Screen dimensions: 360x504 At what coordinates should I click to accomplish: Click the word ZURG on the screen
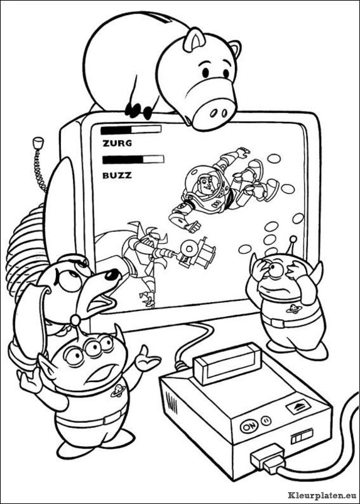tap(117, 143)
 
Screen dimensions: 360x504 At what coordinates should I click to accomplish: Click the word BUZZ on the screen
tap(117, 175)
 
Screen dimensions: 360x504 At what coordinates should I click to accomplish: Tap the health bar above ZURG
tap(131, 129)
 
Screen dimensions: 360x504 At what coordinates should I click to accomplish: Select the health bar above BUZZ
tap(133, 160)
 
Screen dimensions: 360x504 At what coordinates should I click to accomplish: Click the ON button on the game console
tap(247, 427)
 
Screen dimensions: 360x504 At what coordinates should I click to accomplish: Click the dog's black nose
tap(112, 274)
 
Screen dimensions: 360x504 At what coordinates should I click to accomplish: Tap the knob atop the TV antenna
tap(38, 142)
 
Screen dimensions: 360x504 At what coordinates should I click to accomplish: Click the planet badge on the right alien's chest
tap(293, 309)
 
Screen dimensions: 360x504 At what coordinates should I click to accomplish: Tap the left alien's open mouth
tap(98, 372)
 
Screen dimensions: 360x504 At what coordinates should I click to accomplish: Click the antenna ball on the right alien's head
tap(293, 239)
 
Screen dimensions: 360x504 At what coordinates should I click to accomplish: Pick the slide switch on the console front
tap(302, 438)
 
